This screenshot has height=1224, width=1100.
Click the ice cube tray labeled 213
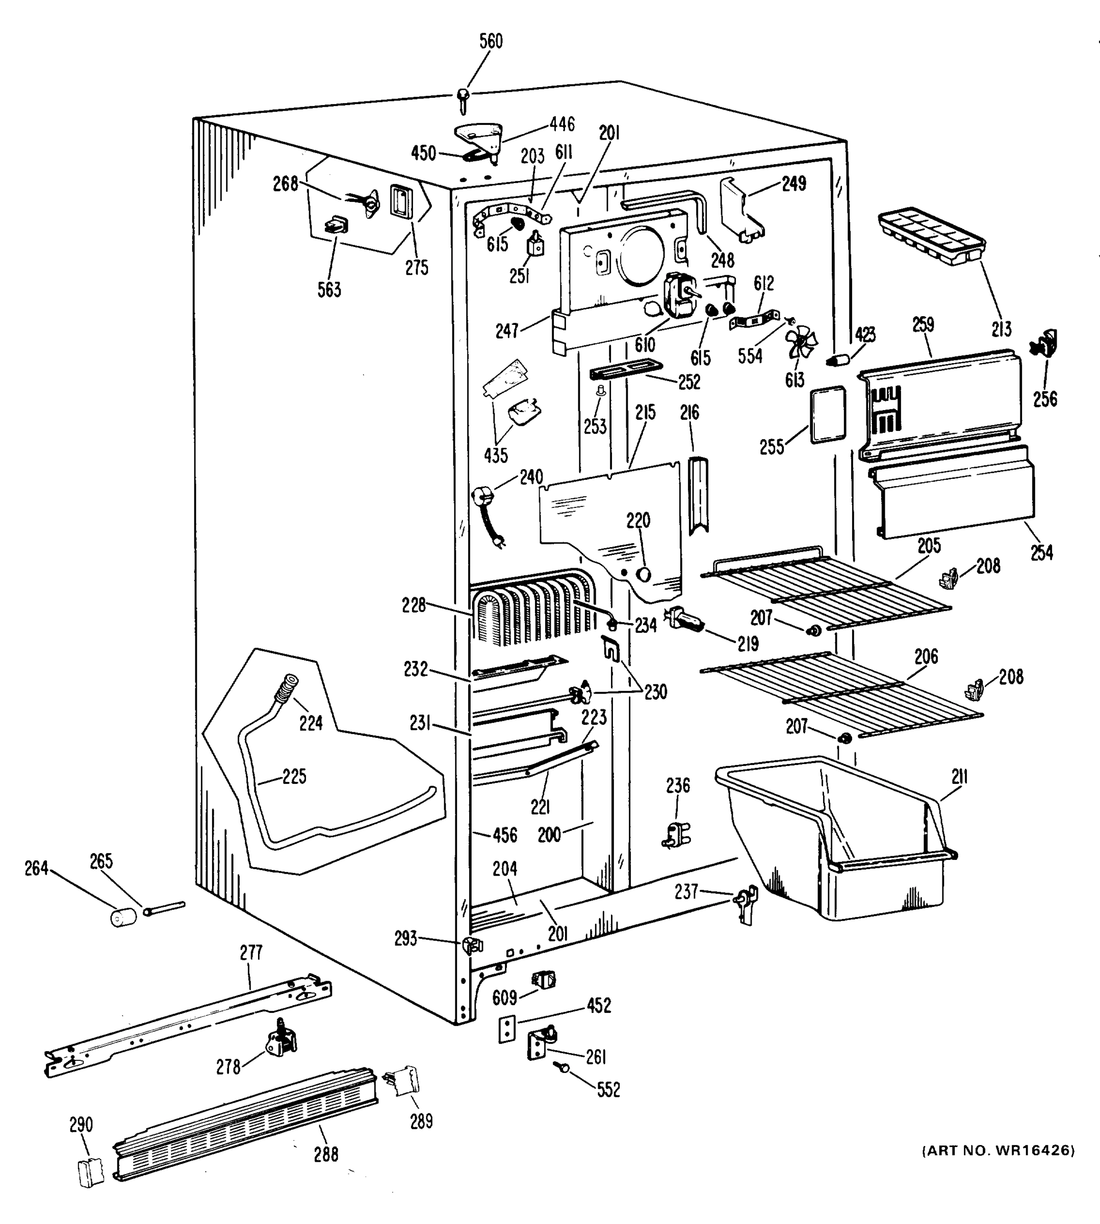click(931, 236)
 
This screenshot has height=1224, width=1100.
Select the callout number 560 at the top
click(491, 41)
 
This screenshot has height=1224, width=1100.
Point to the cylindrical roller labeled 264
click(123, 916)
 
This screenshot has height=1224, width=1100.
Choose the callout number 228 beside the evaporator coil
click(414, 605)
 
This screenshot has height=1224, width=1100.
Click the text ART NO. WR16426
click(998, 1150)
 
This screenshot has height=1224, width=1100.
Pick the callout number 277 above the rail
click(251, 953)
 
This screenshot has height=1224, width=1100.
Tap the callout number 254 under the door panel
click(1041, 552)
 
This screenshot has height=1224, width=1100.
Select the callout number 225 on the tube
click(294, 777)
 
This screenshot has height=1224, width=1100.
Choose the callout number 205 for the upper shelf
click(929, 546)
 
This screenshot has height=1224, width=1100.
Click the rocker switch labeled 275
click(401, 201)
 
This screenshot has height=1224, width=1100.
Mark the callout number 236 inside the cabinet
click(678, 785)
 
